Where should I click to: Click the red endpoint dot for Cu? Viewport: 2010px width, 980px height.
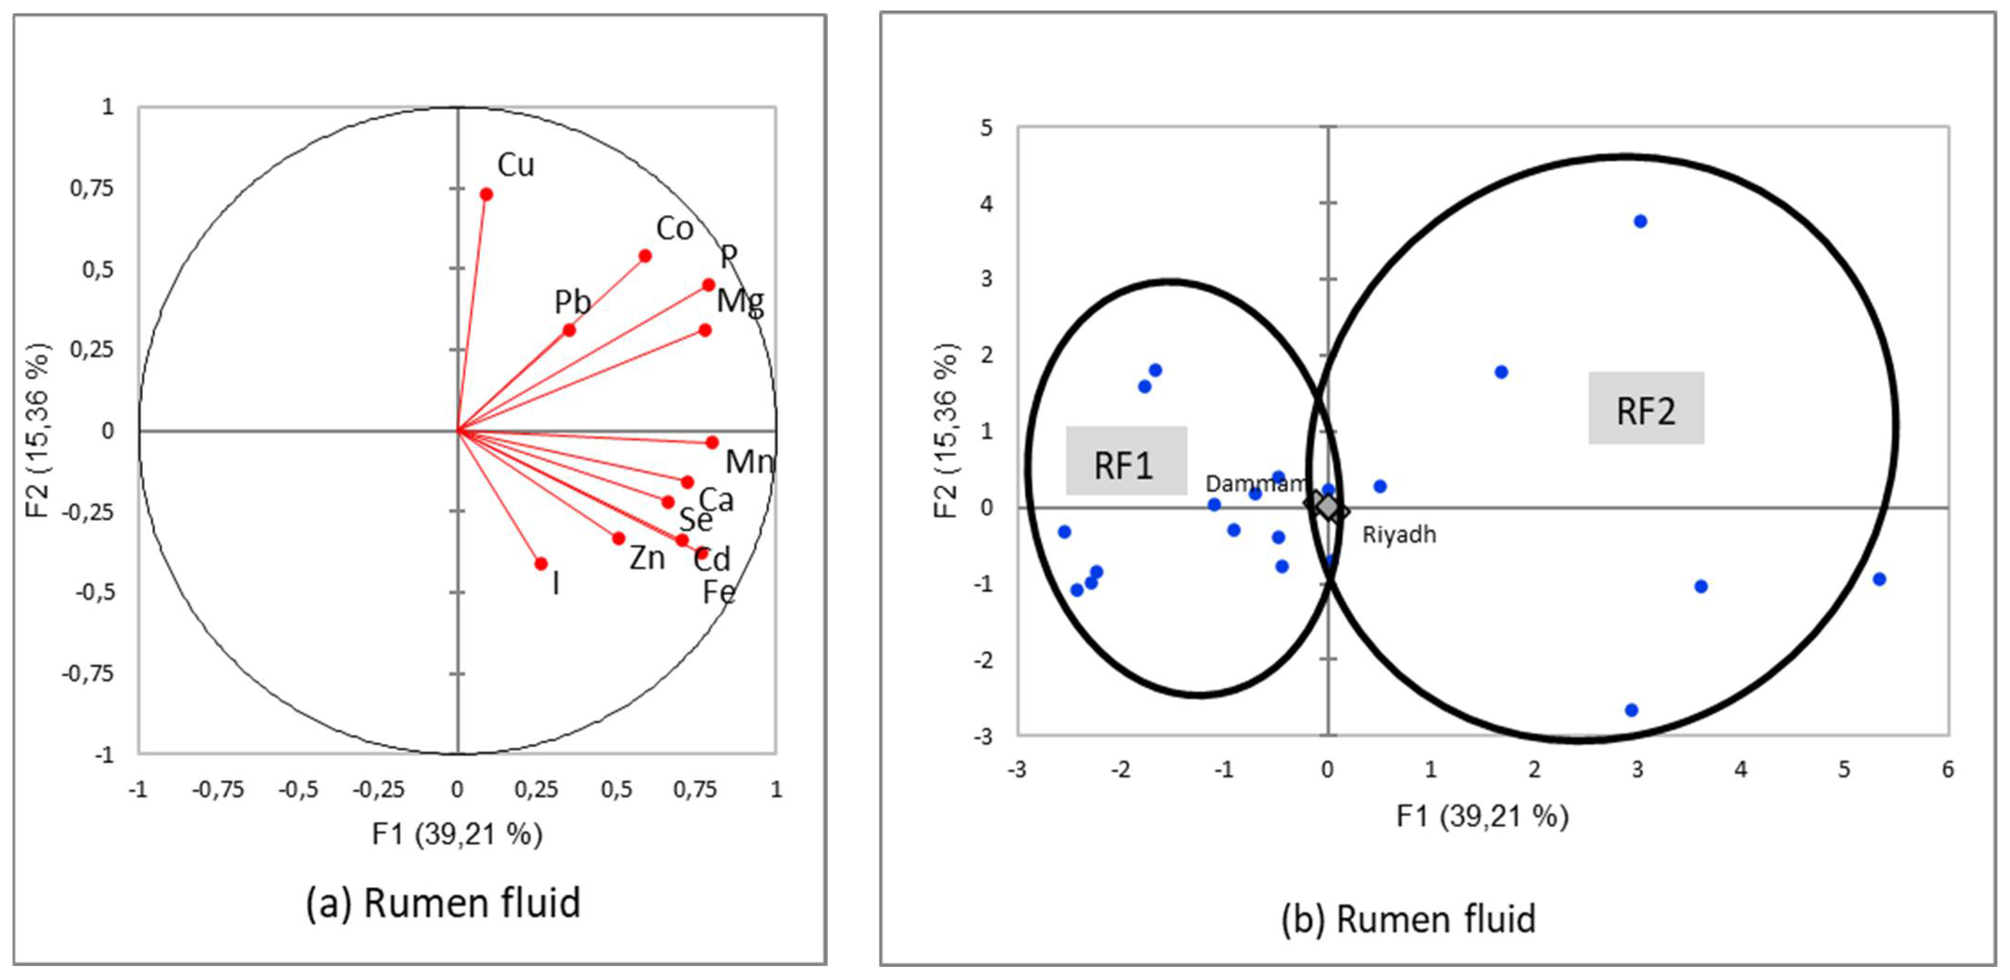click(486, 194)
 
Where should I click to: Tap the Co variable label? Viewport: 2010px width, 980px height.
click(674, 228)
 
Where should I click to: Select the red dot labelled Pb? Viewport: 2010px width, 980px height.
click(569, 330)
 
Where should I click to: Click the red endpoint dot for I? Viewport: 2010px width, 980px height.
click(541, 563)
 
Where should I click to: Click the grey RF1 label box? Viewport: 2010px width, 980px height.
click(1126, 461)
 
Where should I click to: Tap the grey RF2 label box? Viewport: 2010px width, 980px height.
click(1646, 408)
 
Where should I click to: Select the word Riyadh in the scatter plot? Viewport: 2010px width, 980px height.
click(1398, 534)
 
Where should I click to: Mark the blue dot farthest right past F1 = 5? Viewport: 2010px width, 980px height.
click(1879, 579)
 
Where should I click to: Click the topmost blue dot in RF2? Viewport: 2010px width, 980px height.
click(1640, 221)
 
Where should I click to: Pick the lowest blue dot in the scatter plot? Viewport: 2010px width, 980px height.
click(1631, 710)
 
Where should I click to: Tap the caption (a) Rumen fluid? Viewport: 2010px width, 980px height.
click(443, 903)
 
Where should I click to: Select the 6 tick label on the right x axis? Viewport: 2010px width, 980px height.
click(1947, 770)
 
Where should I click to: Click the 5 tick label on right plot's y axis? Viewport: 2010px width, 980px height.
click(987, 127)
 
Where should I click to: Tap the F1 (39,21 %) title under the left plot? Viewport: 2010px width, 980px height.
click(456, 834)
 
